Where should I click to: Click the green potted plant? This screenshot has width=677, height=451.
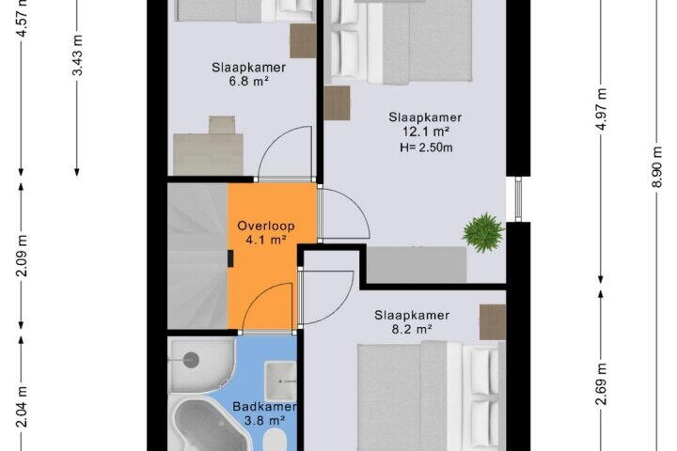483,233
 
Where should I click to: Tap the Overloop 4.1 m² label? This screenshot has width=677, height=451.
266,233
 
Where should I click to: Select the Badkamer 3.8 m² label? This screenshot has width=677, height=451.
264,413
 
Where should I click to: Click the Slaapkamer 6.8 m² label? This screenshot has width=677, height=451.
248,74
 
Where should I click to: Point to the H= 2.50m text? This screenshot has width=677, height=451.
426,148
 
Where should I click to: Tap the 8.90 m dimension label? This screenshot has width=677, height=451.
656,166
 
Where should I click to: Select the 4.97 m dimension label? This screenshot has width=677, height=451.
602,110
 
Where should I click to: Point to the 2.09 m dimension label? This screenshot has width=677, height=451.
23,256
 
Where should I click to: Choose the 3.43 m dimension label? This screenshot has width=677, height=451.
78,54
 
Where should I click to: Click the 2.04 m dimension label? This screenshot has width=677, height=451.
23,407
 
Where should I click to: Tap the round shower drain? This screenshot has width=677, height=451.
190,360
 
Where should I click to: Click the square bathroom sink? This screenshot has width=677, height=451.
280,381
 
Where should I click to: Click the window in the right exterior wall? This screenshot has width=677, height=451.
518,199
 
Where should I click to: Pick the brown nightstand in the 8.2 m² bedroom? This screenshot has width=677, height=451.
493,322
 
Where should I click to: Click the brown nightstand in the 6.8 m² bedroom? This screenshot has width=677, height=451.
303,41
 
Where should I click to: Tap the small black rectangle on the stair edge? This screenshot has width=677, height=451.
230,258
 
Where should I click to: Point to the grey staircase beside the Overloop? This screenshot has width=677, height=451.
197,256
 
